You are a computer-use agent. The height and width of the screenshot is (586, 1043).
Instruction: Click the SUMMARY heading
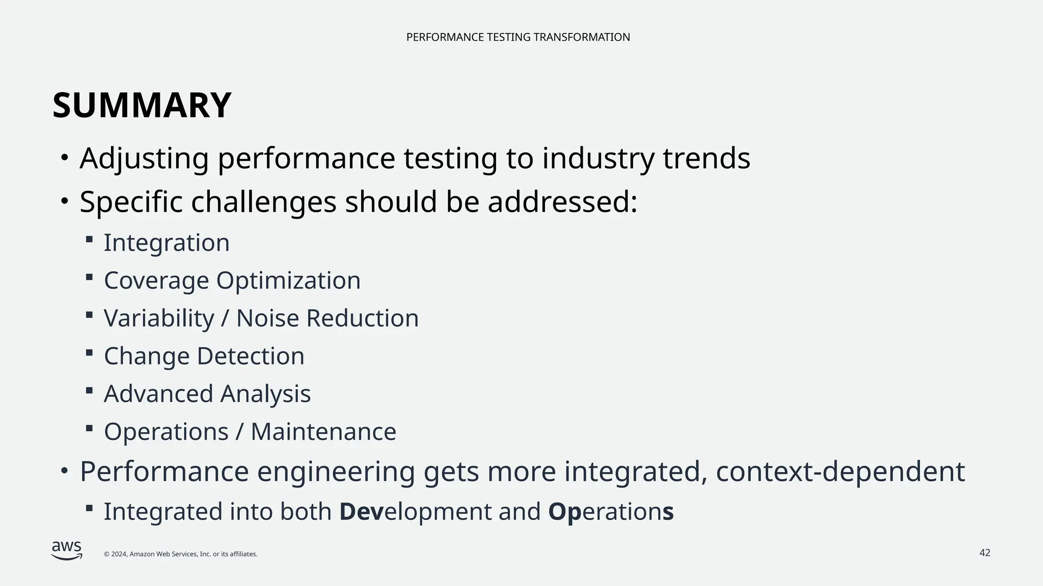142,106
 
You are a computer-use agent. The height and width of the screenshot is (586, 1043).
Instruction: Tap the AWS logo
67,550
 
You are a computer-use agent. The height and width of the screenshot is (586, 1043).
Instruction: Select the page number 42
984,553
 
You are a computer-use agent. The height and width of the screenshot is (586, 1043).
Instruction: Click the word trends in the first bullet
706,158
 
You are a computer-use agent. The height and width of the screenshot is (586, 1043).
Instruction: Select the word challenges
263,202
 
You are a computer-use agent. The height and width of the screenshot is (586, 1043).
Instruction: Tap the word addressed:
562,202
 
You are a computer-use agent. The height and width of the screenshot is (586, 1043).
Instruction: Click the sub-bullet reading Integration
167,243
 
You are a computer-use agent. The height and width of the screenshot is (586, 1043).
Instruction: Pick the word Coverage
156,281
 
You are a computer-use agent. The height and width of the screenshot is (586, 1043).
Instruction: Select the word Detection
250,356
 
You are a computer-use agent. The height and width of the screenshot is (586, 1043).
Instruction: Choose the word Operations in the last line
611,512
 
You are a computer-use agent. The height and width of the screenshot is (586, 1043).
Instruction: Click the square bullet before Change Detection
89,352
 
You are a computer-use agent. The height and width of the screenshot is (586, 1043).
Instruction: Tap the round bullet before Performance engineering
64,471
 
